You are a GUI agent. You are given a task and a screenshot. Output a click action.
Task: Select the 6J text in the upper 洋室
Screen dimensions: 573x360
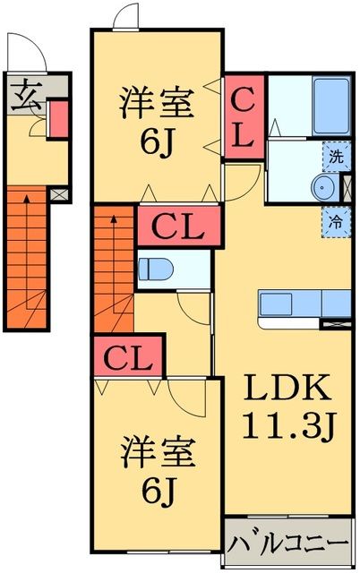pyautogui.click(x=155, y=141)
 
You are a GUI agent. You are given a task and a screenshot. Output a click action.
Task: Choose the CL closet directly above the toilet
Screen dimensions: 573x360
pyautogui.click(x=177, y=226)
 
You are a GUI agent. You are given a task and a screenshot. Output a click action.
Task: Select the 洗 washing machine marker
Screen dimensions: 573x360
pyautogui.click(x=333, y=156)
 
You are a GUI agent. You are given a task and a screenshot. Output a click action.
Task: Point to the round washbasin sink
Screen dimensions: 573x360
pyautogui.click(x=322, y=187)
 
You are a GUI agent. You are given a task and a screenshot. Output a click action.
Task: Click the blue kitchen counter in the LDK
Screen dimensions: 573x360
pyautogui.click(x=296, y=305)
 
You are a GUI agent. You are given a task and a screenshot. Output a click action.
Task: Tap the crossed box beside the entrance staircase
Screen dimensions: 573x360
pyautogui.click(x=58, y=192)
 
